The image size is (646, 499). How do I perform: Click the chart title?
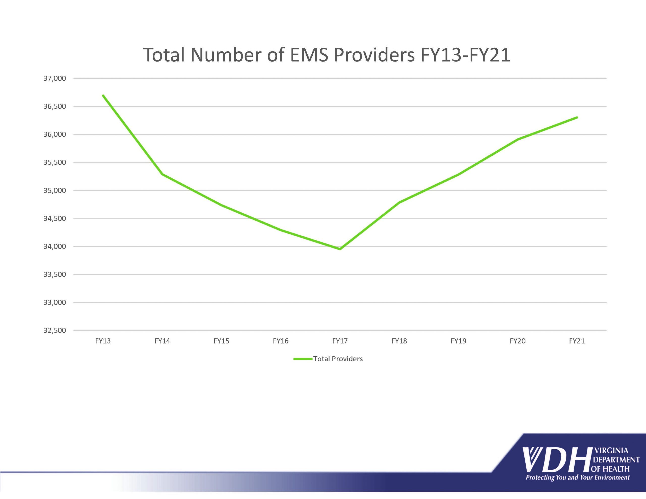327,55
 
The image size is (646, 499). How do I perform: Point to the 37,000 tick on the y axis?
55,78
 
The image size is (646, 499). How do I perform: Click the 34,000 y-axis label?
55,246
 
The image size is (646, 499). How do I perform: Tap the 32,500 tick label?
55,330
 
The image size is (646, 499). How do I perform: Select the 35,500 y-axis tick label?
55,162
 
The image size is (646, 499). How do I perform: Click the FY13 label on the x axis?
103,341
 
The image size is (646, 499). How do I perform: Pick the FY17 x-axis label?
340,341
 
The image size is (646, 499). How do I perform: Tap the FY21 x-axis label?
577,341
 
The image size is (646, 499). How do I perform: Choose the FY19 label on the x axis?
458,341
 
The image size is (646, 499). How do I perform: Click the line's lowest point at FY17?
340,249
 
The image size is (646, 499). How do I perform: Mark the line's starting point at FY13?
103,96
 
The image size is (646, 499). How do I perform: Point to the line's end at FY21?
577,117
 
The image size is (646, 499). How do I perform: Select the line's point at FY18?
399,203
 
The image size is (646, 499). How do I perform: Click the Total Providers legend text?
338,359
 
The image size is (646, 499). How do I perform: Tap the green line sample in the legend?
303,359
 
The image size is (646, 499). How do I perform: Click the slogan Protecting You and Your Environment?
577,478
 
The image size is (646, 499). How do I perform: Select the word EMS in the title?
309,55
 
